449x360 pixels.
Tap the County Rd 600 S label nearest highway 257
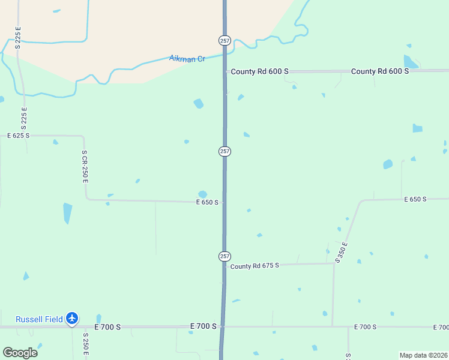pyautogui.click(x=259, y=71)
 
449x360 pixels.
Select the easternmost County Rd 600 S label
pyautogui.click(x=380, y=71)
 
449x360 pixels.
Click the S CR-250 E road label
pyautogui.click(x=85, y=166)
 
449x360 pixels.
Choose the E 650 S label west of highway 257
pyautogui.click(x=207, y=203)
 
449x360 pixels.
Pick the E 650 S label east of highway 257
pyautogui.click(x=415, y=199)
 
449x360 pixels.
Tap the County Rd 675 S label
pyautogui.click(x=255, y=266)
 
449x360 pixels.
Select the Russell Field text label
pyautogui.click(x=39, y=319)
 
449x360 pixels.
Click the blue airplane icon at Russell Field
pyautogui.click(x=73, y=318)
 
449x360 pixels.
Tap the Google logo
pyautogui.click(x=20, y=352)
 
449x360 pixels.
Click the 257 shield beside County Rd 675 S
pyautogui.click(x=224, y=256)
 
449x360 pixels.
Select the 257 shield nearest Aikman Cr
pyautogui.click(x=224, y=40)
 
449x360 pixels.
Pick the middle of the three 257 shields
pyautogui.click(x=224, y=151)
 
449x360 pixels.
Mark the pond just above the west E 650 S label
pyautogui.click(x=202, y=194)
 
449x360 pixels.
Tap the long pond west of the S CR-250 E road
pyautogui.click(x=67, y=213)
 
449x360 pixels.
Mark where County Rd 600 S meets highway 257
pyautogui.click(x=225, y=71)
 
